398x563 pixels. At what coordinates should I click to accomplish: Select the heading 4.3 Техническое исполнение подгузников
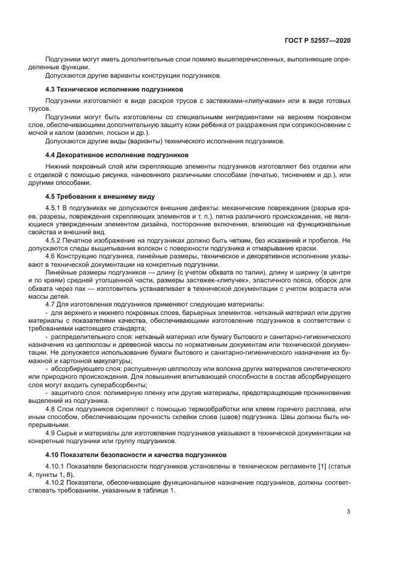pos(114,89)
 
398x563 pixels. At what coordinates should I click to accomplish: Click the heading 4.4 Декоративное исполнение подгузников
pos(114,155)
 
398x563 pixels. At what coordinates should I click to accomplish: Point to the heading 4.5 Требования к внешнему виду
pos(101,196)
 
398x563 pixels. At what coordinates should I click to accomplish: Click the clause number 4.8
pos(51,408)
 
